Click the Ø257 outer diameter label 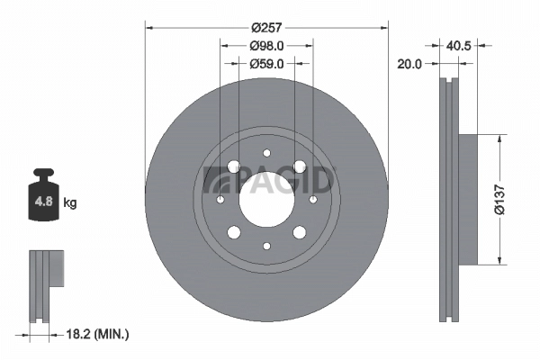[x=266, y=27]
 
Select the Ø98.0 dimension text [x=266, y=45]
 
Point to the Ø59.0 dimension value [x=266, y=63]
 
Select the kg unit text [x=69, y=203]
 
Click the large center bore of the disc [x=266, y=199]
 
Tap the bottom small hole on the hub [x=266, y=245]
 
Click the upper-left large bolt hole [x=234, y=166]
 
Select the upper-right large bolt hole [x=298, y=166]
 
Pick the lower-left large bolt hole [x=234, y=232]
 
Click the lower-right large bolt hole [x=298, y=232]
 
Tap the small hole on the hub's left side [x=220, y=199]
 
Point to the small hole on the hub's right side [x=312, y=199]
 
